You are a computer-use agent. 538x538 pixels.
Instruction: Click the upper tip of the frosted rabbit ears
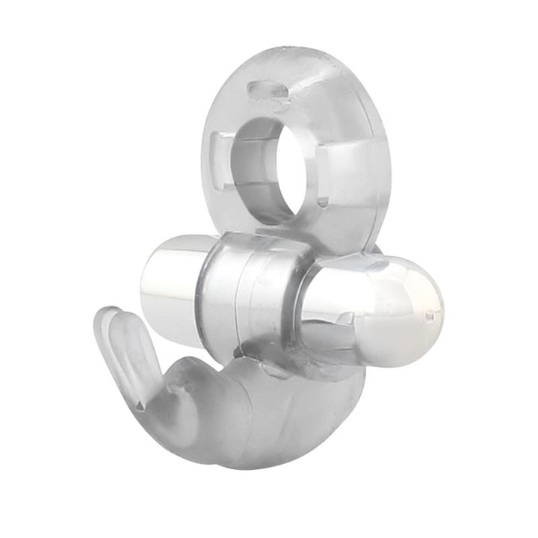pyautogui.click(x=108, y=314)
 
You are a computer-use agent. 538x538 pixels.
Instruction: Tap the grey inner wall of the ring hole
pyautogui.click(x=258, y=161)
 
